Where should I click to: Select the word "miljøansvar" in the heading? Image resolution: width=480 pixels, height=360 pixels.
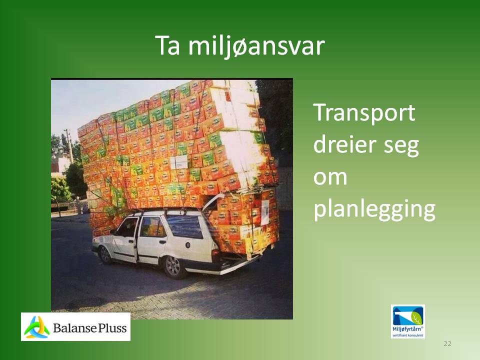tap(256, 46)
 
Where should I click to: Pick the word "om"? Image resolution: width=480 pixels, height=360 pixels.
tap(330, 177)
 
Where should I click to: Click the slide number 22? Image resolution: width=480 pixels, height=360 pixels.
tap(447, 343)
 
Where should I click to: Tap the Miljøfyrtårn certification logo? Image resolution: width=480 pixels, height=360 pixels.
tap(408, 321)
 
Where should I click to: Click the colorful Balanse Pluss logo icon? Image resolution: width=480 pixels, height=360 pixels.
tap(36, 327)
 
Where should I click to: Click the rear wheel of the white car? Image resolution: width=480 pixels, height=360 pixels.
tap(173, 266)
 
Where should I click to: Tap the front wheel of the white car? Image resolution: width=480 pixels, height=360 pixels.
tap(105, 255)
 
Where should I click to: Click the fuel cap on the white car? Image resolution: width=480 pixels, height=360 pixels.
tap(187, 245)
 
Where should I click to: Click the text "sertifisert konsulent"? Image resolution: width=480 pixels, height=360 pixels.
tap(408, 335)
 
